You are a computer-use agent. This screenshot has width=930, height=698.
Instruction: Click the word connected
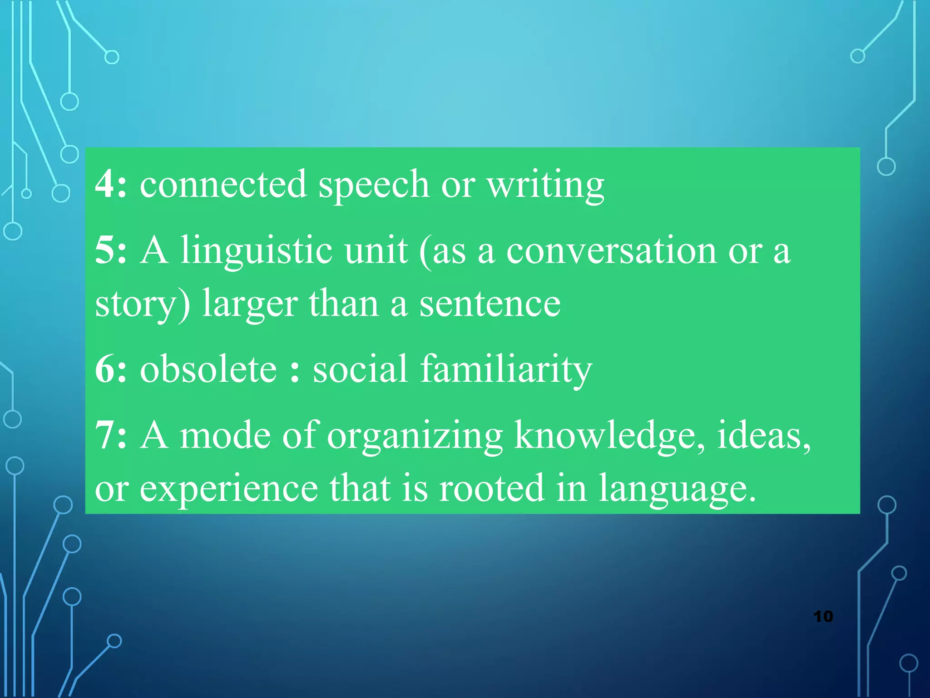tap(223, 184)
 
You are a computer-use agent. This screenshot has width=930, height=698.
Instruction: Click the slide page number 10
tap(823, 617)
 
